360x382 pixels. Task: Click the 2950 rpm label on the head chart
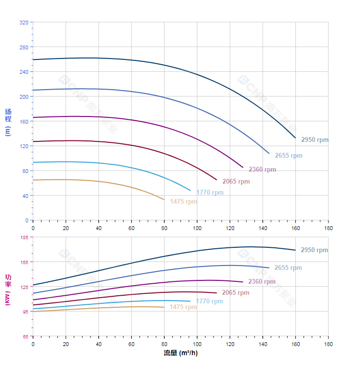[315, 140]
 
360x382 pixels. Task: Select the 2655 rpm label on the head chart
[288, 156]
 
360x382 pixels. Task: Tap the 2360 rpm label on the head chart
[262, 170]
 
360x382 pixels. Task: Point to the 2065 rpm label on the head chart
[236, 182]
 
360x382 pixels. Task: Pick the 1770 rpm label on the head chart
[210, 193]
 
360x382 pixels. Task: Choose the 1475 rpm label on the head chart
[183, 202]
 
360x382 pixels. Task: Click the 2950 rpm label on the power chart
[314, 250]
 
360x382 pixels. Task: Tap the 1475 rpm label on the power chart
[183, 307]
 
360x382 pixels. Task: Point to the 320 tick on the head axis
[24, 23]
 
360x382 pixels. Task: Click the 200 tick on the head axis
[24, 97]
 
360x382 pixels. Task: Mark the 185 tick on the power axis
[24, 237]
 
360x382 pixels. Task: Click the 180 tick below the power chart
[328, 344]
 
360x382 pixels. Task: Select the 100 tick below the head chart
[197, 228]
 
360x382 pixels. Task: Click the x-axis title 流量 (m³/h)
[180, 353]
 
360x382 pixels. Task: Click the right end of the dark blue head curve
[295, 138]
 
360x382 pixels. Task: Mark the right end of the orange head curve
[164, 199]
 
